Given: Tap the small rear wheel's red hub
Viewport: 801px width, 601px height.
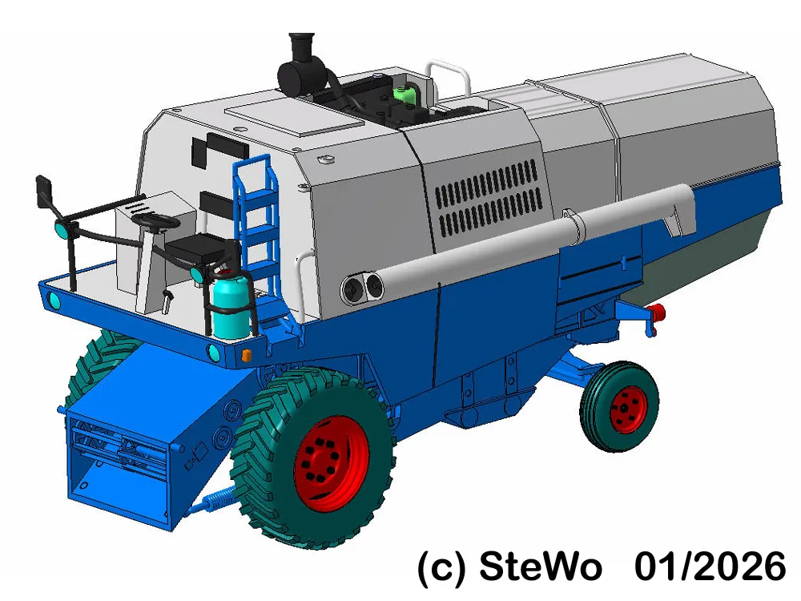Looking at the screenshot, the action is (x=628, y=409).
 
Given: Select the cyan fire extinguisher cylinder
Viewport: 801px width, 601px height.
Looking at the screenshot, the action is (x=231, y=307).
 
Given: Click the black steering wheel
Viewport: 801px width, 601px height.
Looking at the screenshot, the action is (x=156, y=222).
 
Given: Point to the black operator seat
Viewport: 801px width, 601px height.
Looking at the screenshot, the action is (x=202, y=248).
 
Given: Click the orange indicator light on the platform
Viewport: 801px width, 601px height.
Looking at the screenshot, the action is (x=246, y=355).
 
